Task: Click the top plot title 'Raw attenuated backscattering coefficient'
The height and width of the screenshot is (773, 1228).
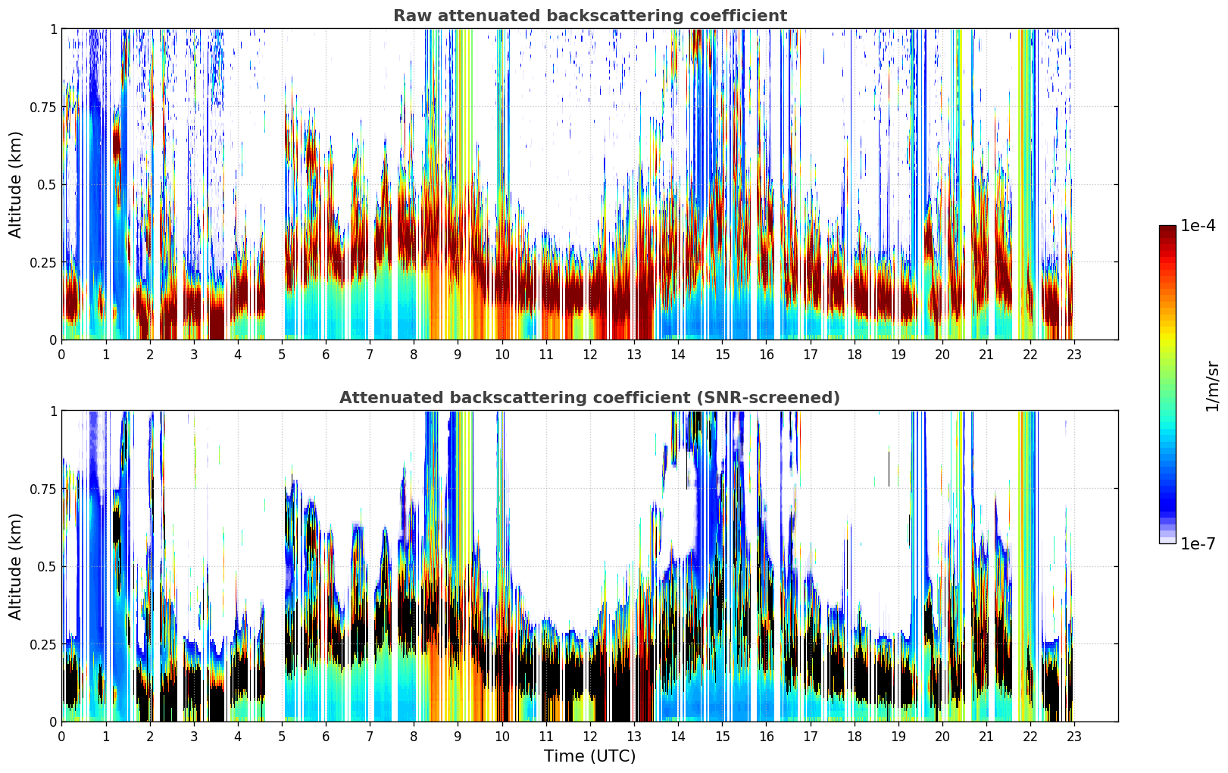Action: (589, 16)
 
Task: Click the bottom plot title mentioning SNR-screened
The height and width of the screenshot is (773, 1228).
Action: (589, 398)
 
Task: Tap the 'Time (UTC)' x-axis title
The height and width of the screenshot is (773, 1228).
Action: (589, 756)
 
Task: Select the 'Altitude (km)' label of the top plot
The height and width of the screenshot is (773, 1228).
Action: (16, 184)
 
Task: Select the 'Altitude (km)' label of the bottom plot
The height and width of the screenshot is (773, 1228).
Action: (16, 566)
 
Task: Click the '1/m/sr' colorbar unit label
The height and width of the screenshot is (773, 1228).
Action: (1212, 386)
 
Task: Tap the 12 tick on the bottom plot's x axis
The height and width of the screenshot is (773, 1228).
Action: (589, 736)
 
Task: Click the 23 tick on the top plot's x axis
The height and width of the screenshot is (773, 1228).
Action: (1074, 354)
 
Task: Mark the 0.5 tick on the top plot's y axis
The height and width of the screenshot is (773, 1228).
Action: (46, 185)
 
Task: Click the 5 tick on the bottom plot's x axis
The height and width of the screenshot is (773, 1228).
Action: (282, 736)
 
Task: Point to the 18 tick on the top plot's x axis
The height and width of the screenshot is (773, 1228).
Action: (854, 354)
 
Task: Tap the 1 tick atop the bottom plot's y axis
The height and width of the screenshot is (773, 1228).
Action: (53, 411)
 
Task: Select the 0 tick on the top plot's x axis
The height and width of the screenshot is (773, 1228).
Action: (61, 354)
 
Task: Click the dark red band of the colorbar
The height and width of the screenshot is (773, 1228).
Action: (1167, 235)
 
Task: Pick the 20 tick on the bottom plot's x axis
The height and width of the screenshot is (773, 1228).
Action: (942, 736)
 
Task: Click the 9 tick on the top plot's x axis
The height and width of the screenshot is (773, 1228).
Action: (458, 354)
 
